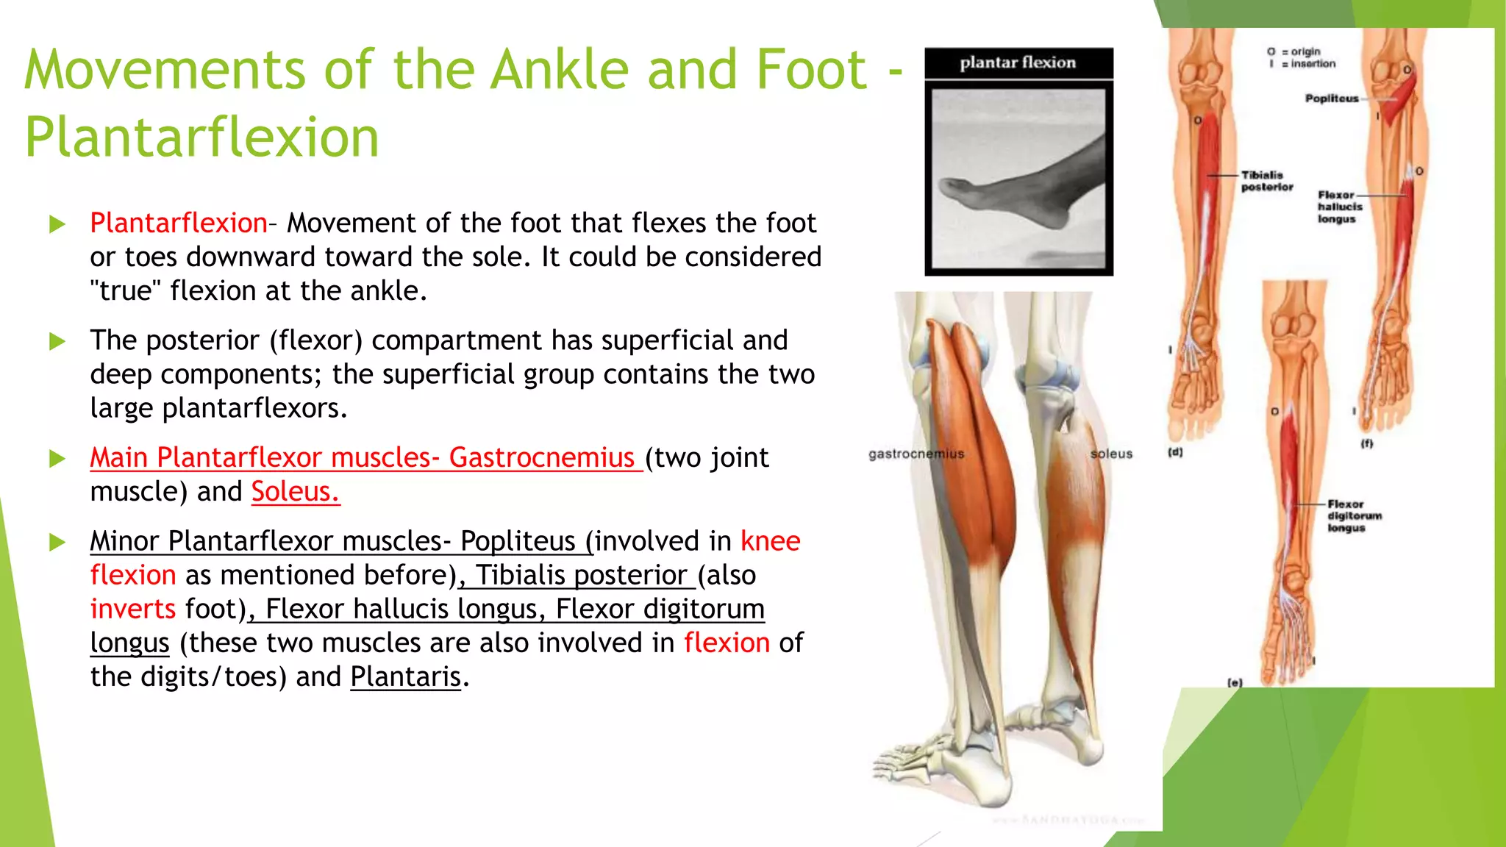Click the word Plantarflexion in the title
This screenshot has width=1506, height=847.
click(x=201, y=137)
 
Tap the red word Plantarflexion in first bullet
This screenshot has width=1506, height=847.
click(x=179, y=223)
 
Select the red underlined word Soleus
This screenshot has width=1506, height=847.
click(x=295, y=491)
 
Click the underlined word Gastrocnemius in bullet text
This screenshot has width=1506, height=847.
click(x=542, y=457)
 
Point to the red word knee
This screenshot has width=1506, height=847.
click(x=770, y=541)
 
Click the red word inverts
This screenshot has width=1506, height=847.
click(x=133, y=609)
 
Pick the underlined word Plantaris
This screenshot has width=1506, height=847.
click(x=405, y=676)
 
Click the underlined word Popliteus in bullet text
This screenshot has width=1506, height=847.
click(x=518, y=541)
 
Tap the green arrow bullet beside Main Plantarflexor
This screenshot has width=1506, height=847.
click(x=57, y=459)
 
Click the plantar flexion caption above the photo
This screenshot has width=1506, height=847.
click(x=1018, y=63)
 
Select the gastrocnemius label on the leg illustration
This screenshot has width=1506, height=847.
click(x=916, y=454)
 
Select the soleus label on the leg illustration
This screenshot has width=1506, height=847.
click(x=1111, y=454)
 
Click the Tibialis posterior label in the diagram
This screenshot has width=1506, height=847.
click(x=1266, y=181)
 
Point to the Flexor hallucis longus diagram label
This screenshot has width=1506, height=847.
click(x=1339, y=207)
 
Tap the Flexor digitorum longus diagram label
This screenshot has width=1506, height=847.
click(x=1354, y=515)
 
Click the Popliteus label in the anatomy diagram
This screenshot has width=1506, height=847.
click(x=1331, y=99)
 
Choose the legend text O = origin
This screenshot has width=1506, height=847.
click(x=1294, y=51)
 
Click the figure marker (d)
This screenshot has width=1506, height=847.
click(x=1175, y=452)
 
